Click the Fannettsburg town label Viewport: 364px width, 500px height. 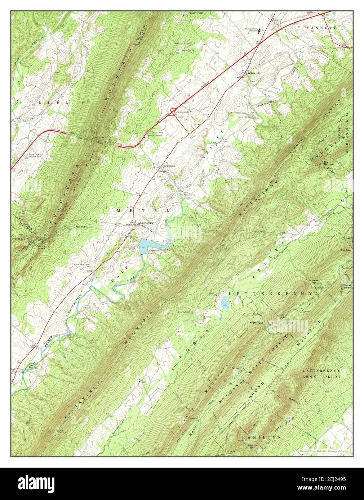145,223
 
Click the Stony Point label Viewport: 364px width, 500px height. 196,13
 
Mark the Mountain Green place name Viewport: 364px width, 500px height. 183,43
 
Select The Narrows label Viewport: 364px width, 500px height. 329,163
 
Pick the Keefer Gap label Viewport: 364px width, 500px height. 257,323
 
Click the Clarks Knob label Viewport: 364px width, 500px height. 347,286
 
